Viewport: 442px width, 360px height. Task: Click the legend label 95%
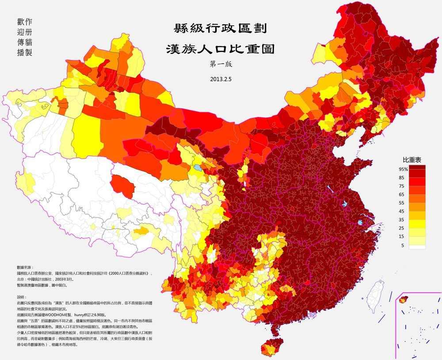(402, 169)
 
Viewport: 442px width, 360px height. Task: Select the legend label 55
(402, 203)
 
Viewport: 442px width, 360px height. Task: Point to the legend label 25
(402, 228)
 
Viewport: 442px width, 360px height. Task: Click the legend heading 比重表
(411, 159)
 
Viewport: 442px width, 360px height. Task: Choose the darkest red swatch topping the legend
(417, 169)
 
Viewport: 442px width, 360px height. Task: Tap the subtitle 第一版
(221, 64)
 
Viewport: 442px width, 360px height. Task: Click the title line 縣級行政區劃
(220, 30)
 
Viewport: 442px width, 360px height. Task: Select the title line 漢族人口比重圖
(220, 49)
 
